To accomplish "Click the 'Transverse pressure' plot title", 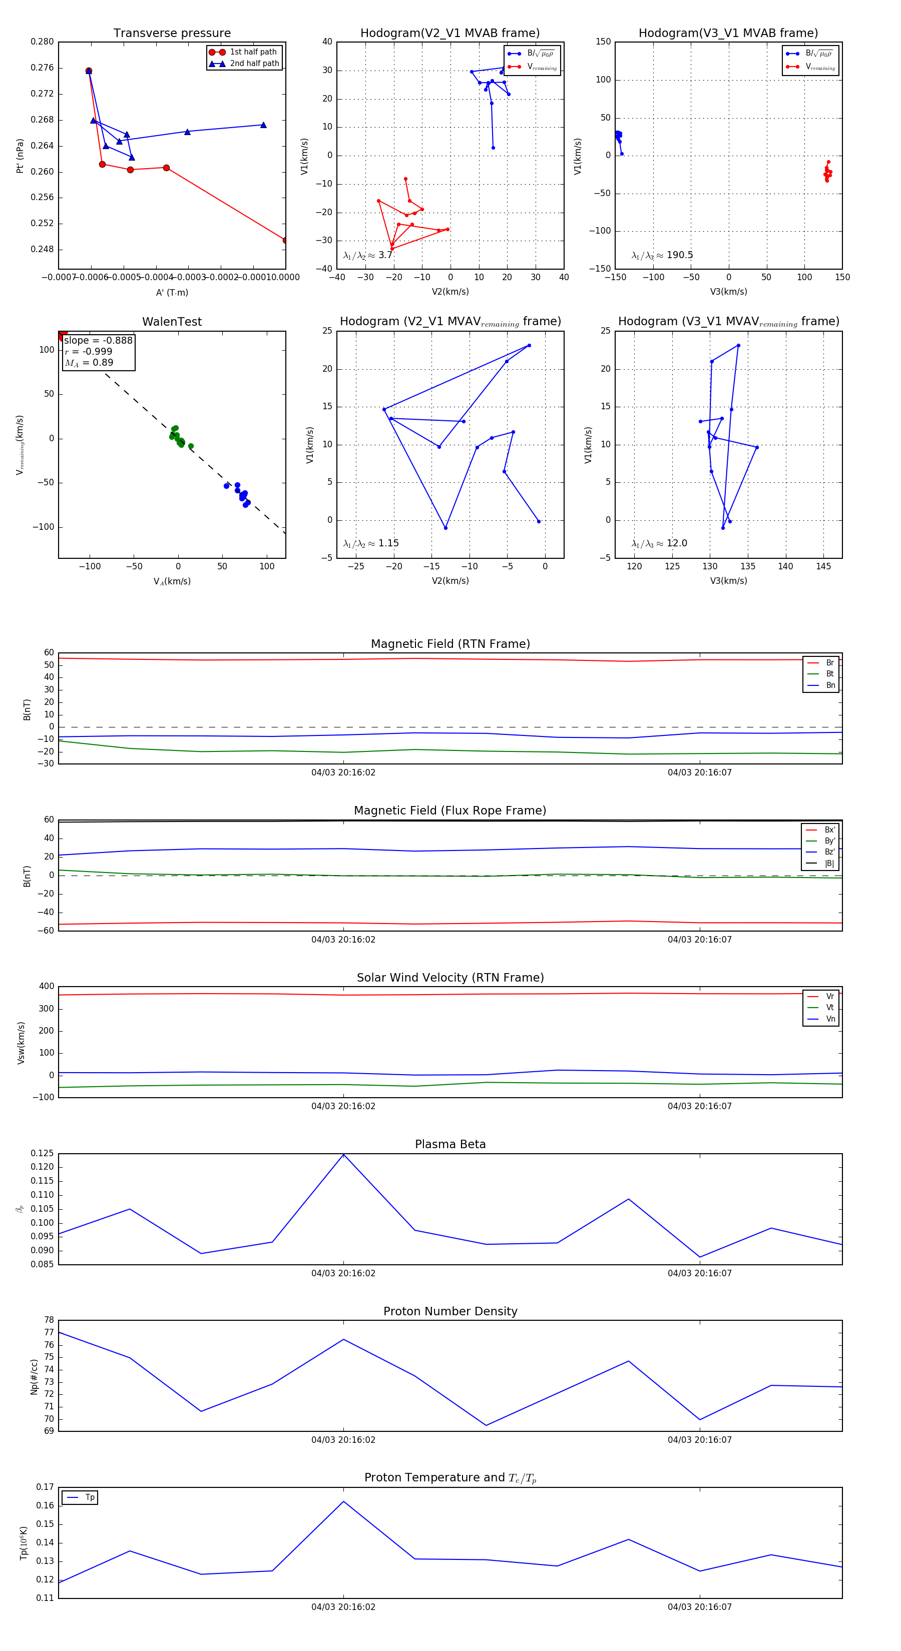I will pos(172,34).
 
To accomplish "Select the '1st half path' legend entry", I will pos(253,52).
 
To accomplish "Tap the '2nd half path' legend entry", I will pos(254,64).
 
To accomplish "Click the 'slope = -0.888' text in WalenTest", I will pos(98,340).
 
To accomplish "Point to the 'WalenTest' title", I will pos(172,322).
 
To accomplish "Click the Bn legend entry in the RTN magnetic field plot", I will pos(830,685).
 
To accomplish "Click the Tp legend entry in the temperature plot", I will pos(89,1497).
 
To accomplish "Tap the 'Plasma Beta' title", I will pos(450,1144).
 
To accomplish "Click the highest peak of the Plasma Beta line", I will pos(344,1154).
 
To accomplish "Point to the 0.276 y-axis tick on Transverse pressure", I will pos(43,68).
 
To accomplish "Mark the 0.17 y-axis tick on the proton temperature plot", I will pos(45,1487).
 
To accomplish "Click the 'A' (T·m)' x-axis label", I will pos(172,292).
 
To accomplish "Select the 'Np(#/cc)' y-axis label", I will pos(35,1377).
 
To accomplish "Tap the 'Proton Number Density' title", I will pos(450,1311).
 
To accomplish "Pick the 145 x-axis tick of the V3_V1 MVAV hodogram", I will pos(823,566).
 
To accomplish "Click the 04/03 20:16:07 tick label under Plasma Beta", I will pos(700,1273).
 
